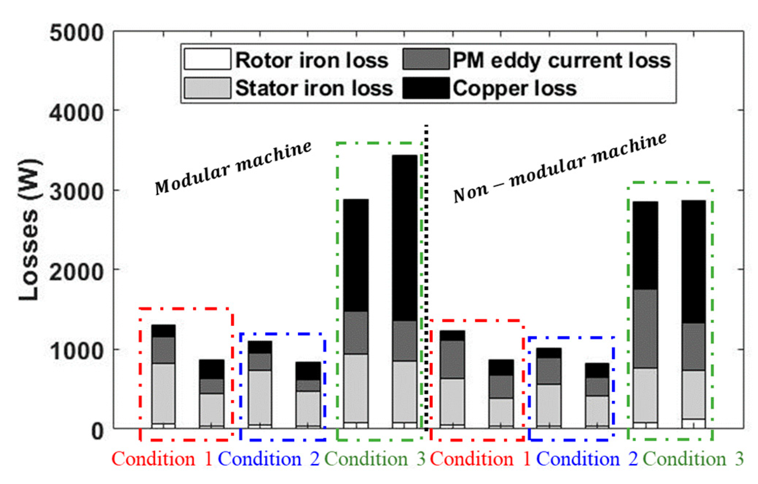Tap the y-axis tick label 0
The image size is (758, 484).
click(97, 431)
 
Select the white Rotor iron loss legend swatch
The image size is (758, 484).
click(207, 59)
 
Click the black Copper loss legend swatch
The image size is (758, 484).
click(426, 88)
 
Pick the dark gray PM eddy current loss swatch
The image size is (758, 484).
click(426, 59)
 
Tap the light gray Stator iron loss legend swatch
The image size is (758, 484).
click(207, 88)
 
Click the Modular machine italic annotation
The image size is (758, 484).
click(233, 168)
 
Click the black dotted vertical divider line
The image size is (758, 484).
click(426, 276)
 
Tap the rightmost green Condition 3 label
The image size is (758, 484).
click(693, 459)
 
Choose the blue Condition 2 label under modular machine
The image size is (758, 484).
click(269, 459)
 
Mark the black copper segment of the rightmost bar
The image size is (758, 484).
click(694, 262)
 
